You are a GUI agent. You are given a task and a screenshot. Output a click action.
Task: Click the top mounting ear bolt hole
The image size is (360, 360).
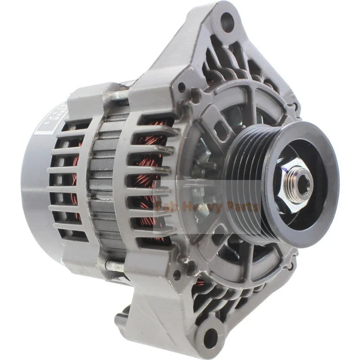[x=227, y=23]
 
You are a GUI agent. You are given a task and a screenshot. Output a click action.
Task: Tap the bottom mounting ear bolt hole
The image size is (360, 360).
[x=210, y=337]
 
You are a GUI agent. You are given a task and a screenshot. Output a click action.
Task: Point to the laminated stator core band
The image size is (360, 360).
[x=107, y=180]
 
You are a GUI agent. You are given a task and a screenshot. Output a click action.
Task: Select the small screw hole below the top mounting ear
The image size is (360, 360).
[x=182, y=88]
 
